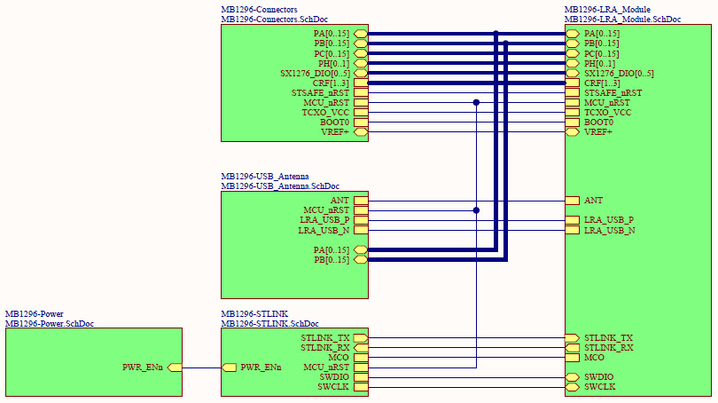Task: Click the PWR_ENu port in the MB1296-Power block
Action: click(175, 367)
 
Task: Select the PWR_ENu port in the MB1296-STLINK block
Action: click(229, 367)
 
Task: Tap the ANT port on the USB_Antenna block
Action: click(360, 201)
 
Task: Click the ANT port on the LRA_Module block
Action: click(573, 201)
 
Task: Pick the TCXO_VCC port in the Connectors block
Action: click(360, 113)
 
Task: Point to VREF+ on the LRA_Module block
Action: click(573, 132)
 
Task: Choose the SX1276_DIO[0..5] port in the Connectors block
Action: click(360, 74)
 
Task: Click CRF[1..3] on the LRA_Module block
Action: click(573, 83)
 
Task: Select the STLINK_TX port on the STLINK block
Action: click(360, 338)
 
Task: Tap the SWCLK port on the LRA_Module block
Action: click(573, 387)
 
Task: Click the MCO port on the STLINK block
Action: click(360, 358)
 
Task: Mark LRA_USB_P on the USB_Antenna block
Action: click(360, 220)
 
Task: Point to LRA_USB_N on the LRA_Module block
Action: click(573, 230)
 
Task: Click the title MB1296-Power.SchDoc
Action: click(50, 324)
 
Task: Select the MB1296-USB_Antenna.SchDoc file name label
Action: click(280, 186)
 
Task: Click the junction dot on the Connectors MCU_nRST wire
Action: click(476, 103)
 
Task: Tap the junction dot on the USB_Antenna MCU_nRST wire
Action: click(476, 210)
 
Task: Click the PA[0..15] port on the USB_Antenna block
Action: click(360, 250)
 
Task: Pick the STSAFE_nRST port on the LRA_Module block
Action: click(573, 93)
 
